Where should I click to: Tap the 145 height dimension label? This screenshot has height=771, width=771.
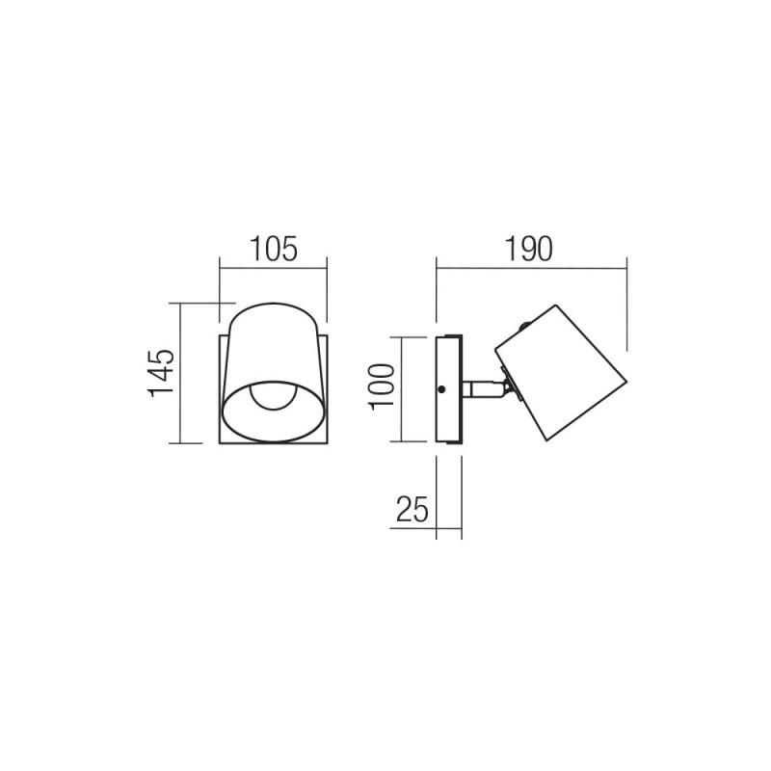click(x=162, y=372)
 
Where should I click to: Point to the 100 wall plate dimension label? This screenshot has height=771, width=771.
click(x=383, y=387)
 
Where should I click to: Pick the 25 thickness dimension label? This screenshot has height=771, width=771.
click(x=412, y=509)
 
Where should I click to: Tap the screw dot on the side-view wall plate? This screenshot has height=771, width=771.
click(x=440, y=389)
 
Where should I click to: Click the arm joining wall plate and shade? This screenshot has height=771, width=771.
click(x=479, y=389)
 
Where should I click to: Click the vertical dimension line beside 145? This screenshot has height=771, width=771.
click(x=181, y=372)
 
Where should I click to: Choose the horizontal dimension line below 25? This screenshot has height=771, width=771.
click(x=424, y=526)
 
